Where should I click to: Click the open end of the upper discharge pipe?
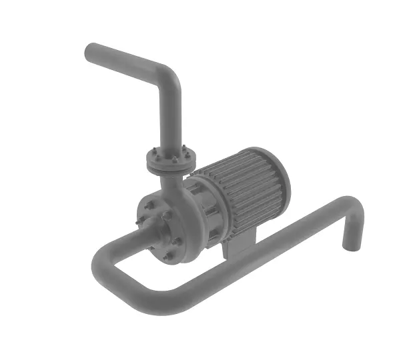pos(91,53)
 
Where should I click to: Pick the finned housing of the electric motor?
pos(247,187)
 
